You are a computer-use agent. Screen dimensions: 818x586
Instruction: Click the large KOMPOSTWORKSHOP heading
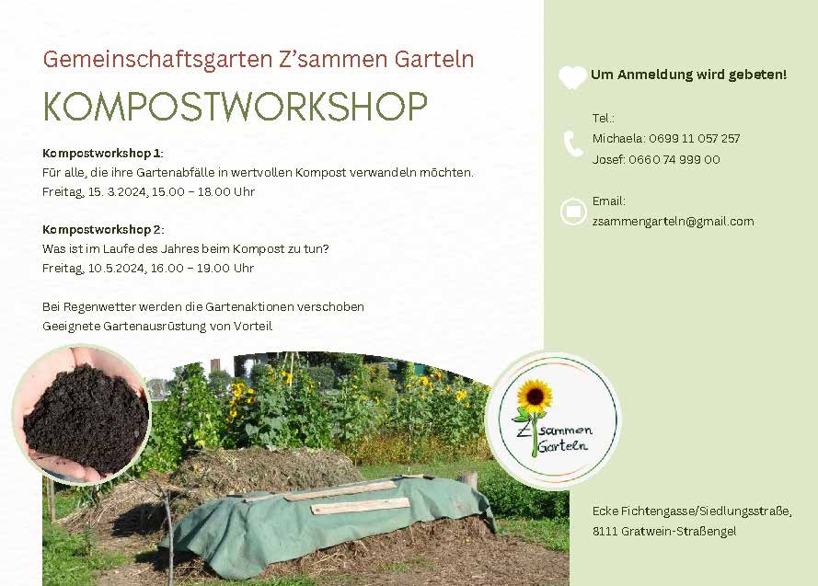tap(236, 107)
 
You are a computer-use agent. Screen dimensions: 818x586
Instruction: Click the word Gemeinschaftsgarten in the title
tap(158, 60)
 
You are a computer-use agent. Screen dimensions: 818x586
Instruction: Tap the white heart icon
tap(572, 77)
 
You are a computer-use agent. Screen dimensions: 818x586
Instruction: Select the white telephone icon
tap(573, 144)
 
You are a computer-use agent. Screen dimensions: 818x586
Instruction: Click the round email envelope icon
tap(573, 212)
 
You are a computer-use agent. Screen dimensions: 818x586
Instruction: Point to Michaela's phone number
tap(695, 139)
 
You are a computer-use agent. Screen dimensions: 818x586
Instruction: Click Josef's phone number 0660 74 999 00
tap(674, 159)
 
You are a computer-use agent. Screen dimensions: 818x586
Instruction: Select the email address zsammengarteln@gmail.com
tap(673, 222)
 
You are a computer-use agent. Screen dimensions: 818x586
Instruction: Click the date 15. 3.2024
tap(118, 192)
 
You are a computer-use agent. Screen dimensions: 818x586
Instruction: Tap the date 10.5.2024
tap(117, 269)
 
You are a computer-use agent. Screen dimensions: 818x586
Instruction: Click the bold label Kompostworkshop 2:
tap(103, 230)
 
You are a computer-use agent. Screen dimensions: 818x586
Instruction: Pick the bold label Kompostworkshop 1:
tap(103, 154)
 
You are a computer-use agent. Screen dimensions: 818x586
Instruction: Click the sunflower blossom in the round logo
tap(535, 396)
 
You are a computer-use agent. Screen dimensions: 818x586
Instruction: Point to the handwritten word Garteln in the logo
tap(562, 446)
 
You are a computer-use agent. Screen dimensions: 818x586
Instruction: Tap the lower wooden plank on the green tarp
tap(361, 505)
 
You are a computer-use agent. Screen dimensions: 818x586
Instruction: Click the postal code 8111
tap(605, 531)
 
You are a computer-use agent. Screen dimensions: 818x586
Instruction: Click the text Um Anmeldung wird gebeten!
tap(688, 75)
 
